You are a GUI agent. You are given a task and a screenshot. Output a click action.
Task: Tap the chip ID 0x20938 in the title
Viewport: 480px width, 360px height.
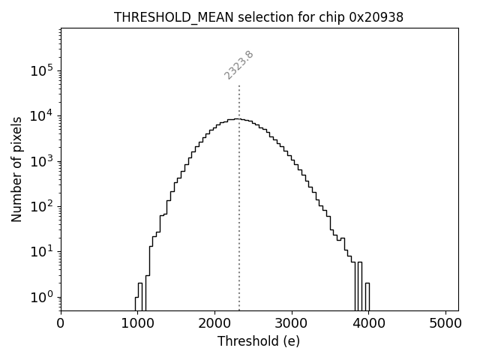pyautogui.click(x=376, y=17)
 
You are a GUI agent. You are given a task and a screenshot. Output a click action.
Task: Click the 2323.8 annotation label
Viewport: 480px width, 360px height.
pyautogui.click(x=239, y=65)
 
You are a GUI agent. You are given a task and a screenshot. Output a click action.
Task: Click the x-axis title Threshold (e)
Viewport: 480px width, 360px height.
pyautogui.click(x=259, y=341)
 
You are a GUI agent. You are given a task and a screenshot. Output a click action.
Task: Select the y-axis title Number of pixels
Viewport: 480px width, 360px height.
pyautogui.click(x=16, y=169)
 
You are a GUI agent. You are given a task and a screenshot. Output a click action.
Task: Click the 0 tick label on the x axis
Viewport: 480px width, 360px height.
pyautogui.click(x=61, y=323)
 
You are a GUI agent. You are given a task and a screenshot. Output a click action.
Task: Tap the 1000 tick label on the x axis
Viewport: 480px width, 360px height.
pyautogui.click(x=138, y=323)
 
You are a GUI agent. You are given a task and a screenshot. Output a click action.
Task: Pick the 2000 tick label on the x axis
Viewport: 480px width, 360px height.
pyautogui.click(x=214, y=323)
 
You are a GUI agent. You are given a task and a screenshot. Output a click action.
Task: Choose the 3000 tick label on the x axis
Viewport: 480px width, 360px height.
pyautogui.click(x=292, y=323)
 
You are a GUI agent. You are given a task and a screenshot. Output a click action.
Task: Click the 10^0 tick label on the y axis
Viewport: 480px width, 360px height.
pyautogui.click(x=43, y=296)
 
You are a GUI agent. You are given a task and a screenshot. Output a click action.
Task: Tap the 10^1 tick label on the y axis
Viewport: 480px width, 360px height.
pyautogui.click(x=43, y=251)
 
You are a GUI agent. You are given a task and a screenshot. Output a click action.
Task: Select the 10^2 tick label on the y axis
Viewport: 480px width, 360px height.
pyautogui.click(x=43, y=206)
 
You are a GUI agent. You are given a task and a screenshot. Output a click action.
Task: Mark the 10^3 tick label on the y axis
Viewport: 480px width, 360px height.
pyautogui.click(x=43, y=160)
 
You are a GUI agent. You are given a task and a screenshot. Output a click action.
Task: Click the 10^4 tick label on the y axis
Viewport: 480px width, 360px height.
pyautogui.click(x=43, y=115)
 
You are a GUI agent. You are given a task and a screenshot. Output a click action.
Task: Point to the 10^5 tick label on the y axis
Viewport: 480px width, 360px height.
pyautogui.click(x=43, y=70)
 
